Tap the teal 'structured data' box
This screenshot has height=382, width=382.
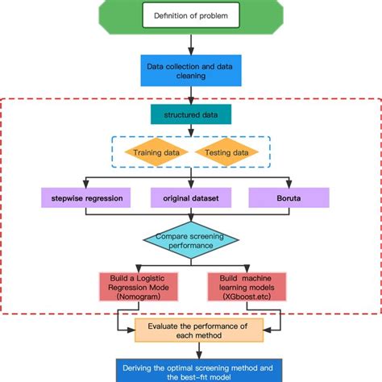coord(190,114)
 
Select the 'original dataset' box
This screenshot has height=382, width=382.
coord(190,197)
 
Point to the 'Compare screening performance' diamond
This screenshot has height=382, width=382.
coord(190,240)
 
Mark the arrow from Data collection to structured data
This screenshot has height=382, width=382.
coord(190,95)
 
